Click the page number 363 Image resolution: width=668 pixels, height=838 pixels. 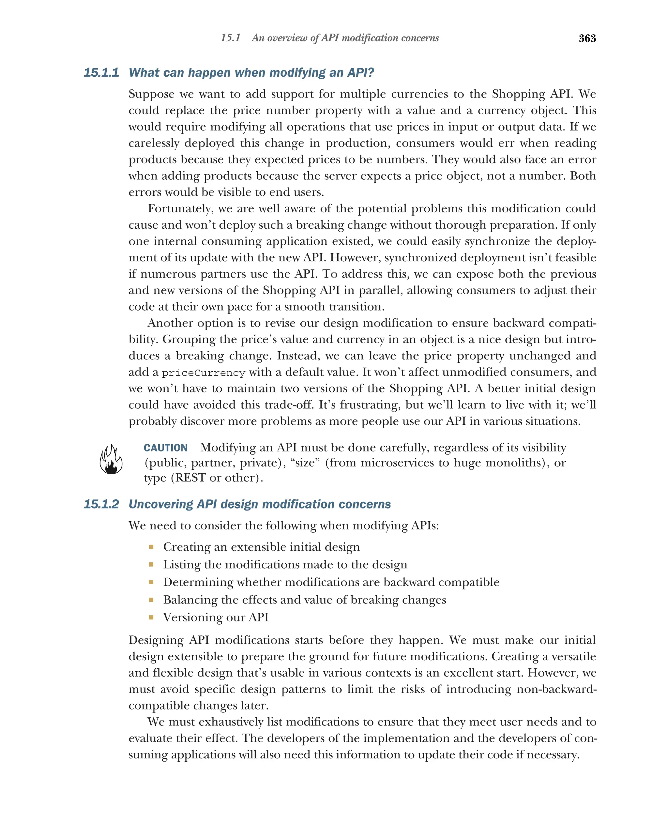click(x=587, y=38)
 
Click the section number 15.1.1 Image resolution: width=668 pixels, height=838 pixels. click(x=101, y=73)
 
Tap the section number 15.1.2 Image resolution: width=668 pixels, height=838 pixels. click(x=101, y=504)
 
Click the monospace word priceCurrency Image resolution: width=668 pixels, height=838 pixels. click(x=203, y=373)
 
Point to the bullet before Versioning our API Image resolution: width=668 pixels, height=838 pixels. click(x=151, y=617)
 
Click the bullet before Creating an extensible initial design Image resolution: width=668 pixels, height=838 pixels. click(x=151, y=547)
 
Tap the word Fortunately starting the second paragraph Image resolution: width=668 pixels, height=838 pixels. click(x=180, y=209)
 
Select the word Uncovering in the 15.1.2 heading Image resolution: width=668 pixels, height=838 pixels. click(x=161, y=504)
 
